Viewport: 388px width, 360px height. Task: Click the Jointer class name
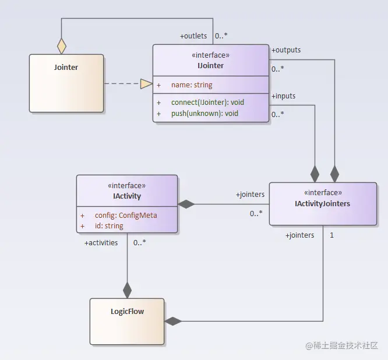[x=66, y=68]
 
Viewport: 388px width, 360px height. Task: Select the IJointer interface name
[x=210, y=66]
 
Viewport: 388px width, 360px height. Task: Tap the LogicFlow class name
[x=127, y=311]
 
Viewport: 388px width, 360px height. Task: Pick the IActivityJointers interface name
[x=322, y=204]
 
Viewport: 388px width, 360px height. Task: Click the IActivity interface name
[x=127, y=196]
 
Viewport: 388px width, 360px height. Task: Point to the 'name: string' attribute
[x=192, y=85]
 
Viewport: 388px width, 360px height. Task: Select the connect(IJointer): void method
[x=207, y=102]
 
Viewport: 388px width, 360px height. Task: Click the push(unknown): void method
[x=204, y=114]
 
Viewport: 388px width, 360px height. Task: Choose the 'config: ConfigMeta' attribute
[x=126, y=216]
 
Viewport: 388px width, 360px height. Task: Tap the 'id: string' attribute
[x=109, y=226]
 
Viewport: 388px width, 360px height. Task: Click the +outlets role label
[x=193, y=36]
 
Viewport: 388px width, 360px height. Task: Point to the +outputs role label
[x=286, y=50]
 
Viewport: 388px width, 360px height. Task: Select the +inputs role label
[x=283, y=96]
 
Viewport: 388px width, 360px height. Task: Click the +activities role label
[x=101, y=243]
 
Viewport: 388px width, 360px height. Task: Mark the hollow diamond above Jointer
[x=62, y=46]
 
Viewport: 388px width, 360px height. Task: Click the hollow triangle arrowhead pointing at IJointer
[x=146, y=84]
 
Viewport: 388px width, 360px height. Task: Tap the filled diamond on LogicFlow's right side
[x=173, y=321]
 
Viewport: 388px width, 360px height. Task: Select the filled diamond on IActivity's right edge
[x=186, y=204]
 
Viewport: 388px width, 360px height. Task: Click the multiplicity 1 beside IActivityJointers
[x=331, y=235]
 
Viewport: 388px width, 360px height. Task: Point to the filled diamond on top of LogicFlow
[x=127, y=290]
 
